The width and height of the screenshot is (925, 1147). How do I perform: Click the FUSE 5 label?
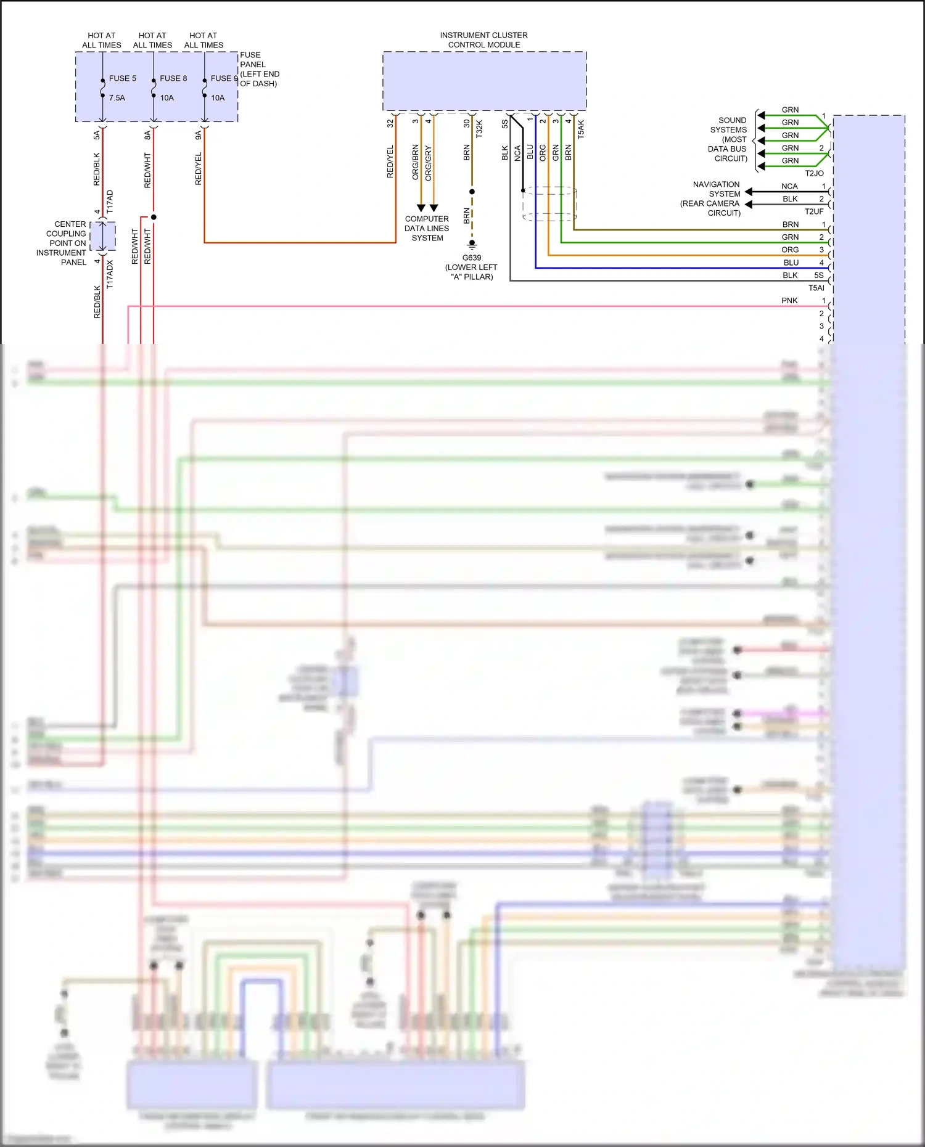(x=122, y=78)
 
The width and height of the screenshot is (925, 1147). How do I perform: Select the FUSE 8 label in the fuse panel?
(x=173, y=78)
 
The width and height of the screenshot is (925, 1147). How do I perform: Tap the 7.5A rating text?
(x=117, y=97)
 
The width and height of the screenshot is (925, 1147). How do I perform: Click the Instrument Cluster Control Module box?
(x=484, y=81)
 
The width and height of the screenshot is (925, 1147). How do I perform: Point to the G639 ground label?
(x=472, y=258)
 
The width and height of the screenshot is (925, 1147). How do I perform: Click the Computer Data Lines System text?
(x=427, y=228)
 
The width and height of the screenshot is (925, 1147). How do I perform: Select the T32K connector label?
(x=479, y=129)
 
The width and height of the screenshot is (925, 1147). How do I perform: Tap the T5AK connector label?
(x=581, y=129)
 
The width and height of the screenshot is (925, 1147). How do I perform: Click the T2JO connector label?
(x=814, y=173)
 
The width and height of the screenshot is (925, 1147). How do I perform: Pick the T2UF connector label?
(x=814, y=211)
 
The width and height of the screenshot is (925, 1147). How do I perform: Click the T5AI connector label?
(x=816, y=288)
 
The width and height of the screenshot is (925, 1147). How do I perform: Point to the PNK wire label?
(x=789, y=301)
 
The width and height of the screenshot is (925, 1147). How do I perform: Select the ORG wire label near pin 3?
(x=790, y=250)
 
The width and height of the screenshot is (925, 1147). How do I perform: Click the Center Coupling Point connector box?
(x=102, y=236)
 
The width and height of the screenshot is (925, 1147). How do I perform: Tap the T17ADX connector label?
(x=110, y=274)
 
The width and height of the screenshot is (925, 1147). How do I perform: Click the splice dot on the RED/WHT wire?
(x=154, y=217)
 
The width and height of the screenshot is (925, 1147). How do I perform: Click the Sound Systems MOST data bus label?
(x=728, y=139)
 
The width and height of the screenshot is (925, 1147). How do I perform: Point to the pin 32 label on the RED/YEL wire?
(x=390, y=123)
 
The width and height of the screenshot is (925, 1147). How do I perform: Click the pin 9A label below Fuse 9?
(x=198, y=135)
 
